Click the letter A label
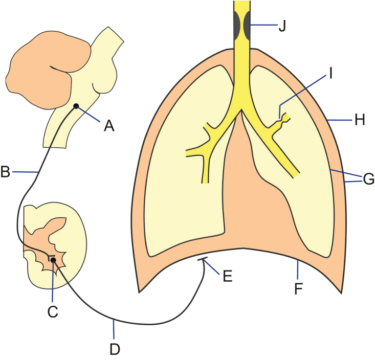click(109, 125)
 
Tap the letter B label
click(6, 172)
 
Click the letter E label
click(227, 276)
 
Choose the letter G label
click(368, 179)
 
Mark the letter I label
click(330, 74)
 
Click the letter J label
click(282, 26)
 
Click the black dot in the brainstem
click(76, 106)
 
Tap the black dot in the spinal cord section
click(53, 261)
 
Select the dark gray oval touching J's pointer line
click(247, 24)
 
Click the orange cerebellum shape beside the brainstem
click(46, 69)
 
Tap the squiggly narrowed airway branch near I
click(282, 121)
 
